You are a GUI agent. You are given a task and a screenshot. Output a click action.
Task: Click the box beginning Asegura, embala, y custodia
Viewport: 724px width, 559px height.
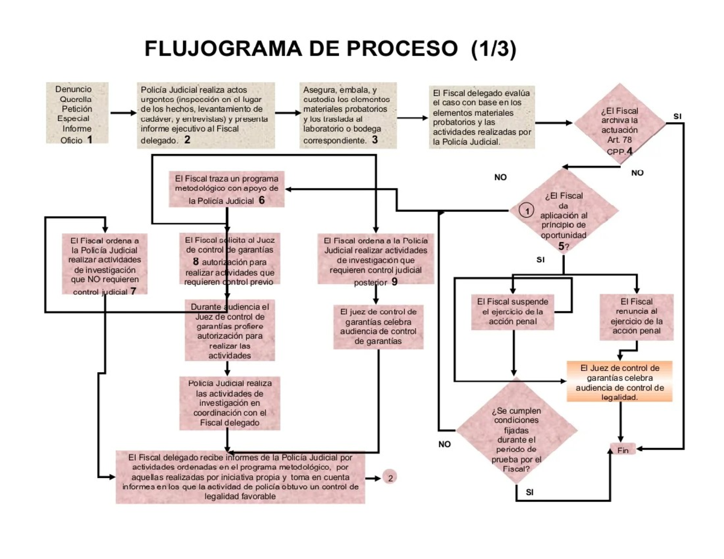coord(348,115)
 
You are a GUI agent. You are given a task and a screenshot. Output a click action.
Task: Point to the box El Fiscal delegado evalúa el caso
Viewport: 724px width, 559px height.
coord(481,117)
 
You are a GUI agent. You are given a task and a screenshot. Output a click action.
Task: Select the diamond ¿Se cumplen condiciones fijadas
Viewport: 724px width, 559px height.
coord(516,435)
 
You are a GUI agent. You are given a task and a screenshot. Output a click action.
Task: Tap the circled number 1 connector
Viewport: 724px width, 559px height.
coord(526,210)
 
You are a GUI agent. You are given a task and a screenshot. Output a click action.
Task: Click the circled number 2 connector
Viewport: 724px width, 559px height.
coord(390,478)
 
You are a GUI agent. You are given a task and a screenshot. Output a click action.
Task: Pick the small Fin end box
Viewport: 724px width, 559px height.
coord(623,450)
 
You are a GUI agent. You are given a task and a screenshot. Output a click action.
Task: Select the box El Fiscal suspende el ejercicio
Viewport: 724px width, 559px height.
coord(512,311)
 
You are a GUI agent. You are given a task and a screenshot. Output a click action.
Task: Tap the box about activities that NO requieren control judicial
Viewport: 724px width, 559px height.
coord(104,264)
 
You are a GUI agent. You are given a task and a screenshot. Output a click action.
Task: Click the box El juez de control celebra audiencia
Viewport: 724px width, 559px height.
coord(378,326)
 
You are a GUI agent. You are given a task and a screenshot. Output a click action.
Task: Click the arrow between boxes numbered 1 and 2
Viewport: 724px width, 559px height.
coord(123,113)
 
